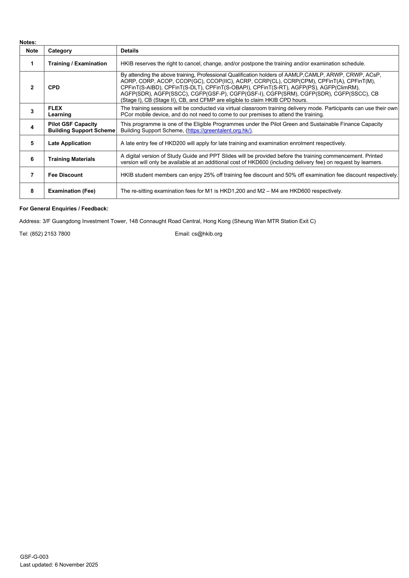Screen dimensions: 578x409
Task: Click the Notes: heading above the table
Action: [x=28, y=42]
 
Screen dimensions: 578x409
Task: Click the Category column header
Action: [x=60, y=51]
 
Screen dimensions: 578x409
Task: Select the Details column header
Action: [x=129, y=51]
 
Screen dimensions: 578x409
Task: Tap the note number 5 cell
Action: [x=32, y=143]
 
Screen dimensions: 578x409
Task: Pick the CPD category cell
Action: [x=54, y=87]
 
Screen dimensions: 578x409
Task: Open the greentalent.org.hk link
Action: [x=219, y=130]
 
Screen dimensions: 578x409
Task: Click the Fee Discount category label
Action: [x=65, y=175]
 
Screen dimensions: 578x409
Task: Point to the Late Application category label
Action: [x=69, y=143]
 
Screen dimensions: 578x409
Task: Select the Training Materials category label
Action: [x=72, y=159]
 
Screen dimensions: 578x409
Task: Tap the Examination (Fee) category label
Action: [x=72, y=191]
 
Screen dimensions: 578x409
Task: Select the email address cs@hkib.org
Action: [x=207, y=234]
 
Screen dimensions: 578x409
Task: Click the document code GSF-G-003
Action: [x=34, y=557]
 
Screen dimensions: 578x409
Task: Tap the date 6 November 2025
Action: [x=76, y=565]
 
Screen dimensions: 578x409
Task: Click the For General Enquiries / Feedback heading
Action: [x=64, y=209]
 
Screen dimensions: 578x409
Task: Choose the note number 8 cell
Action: [x=32, y=191]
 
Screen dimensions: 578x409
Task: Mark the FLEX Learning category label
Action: [x=60, y=111]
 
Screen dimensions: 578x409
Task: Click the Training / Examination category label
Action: [x=77, y=63]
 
